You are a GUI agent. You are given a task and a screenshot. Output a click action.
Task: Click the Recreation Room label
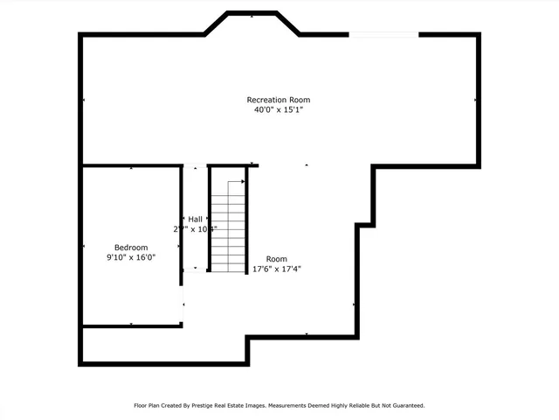(x=278, y=100)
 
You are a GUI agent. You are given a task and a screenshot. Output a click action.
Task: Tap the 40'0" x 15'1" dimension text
(x=278, y=110)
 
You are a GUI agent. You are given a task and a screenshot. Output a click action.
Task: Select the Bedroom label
(x=131, y=248)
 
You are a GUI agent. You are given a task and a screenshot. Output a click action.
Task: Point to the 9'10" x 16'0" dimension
(x=131, y=258)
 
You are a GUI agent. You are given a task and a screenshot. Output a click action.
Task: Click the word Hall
(x=195, y=219)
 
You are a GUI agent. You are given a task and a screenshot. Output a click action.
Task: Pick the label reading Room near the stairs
(x=277, y=259)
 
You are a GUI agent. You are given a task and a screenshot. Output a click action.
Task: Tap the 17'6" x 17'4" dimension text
(x=277, y=269)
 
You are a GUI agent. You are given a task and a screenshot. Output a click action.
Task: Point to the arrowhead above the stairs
(x=242, y=182)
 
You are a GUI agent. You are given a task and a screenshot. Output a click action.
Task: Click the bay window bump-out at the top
(x=253, y=24)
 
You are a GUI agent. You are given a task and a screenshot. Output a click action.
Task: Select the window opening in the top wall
(x=383, y=34)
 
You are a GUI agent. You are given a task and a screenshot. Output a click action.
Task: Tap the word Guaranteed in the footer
(x=406, y=406)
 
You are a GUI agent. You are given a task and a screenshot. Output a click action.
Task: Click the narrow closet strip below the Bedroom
(x=162, y=345)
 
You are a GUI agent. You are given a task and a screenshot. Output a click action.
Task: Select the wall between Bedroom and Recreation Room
(x=131, y=165)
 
